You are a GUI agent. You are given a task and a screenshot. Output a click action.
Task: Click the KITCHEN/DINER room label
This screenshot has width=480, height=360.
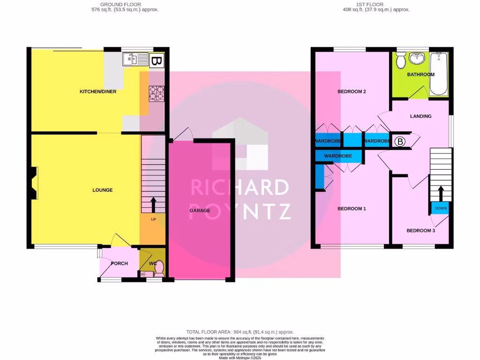click(97, 91)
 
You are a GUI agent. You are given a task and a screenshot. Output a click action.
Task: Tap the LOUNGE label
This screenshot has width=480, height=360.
click(102, 190)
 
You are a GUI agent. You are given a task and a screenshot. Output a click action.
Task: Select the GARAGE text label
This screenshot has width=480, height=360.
click(200, 210)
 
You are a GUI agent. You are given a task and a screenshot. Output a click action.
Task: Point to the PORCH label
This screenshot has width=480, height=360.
click(119, 263)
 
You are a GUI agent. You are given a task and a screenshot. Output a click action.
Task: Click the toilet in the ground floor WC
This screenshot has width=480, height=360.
click(158, 268)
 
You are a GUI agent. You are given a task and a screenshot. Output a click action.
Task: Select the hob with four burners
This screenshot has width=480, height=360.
click(157, 93)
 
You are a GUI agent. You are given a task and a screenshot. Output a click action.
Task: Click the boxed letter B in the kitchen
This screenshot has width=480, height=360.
click(157, 61)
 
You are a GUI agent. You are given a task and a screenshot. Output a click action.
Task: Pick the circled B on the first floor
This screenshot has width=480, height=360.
click(400, 141)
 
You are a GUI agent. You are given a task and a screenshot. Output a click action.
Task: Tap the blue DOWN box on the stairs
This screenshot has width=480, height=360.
click(441, 208)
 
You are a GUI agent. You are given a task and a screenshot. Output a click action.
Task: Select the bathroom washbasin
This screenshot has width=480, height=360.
click(416, 59)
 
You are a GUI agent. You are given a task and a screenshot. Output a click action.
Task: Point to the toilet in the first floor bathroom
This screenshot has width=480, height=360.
click(401, 60)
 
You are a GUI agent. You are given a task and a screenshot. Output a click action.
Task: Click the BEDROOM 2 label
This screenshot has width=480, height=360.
click(352, 91)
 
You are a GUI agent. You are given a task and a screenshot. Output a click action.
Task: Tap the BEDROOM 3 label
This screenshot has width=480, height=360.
click(420, 230)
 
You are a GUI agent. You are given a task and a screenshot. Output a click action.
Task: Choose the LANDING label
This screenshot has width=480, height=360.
click(420, 116)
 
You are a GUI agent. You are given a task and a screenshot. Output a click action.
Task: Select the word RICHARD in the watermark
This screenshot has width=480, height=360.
click(240, 187)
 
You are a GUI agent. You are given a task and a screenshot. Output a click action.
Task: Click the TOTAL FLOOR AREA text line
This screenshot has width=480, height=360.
click(240, 331)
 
